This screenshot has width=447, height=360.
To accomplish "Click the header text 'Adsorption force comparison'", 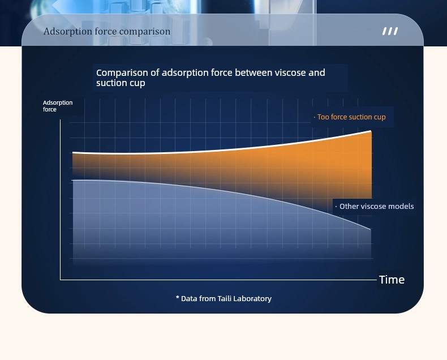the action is [x=107, y=32].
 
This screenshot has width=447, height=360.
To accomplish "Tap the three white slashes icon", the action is [x=390, y=31].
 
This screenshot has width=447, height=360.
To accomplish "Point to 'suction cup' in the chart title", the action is [x=121, y=83].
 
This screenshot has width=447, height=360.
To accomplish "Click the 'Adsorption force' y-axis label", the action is [x=58, y=106].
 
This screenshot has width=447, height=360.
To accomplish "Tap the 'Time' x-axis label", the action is [x=392, y=280].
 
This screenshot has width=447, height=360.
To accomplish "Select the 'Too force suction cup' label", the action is [x=351, y=117].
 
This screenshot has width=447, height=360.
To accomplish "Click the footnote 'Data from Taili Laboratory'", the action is [x=226, y=299].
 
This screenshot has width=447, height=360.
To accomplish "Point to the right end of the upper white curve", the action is [x=371, y=131].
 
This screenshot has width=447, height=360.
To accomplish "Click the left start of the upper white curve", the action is [x=72, y=153].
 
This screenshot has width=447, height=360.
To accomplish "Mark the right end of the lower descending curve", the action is [x=371, y=229].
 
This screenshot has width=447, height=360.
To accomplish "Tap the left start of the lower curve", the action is [x=72, y=181].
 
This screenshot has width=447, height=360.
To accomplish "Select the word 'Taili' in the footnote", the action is [x=225, y=298].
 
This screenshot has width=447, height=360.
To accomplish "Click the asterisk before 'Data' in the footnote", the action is [x=177, y=298].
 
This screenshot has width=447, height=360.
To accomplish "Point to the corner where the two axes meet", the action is [x=61, y=280].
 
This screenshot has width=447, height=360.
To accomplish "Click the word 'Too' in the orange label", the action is [x=323, y=117].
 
